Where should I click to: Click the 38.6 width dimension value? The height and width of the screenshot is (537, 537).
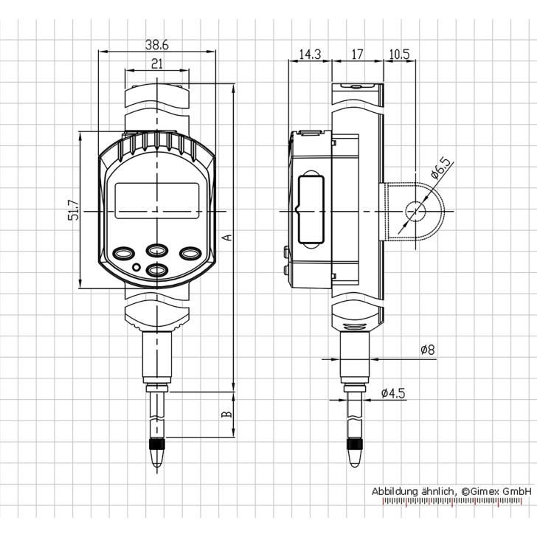pos(156,45)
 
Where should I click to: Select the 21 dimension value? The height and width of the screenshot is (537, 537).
pos(156,64)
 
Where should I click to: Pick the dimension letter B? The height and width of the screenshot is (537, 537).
pos(227,415)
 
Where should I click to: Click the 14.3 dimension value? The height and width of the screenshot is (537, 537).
pos(310,54)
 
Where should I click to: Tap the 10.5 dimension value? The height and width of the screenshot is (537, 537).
pos(398,54)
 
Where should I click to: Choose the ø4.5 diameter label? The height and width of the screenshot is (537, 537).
pos(393,393)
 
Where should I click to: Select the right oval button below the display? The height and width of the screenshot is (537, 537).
pos(190,253)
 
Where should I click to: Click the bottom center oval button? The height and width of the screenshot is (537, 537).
pos(156,271)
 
